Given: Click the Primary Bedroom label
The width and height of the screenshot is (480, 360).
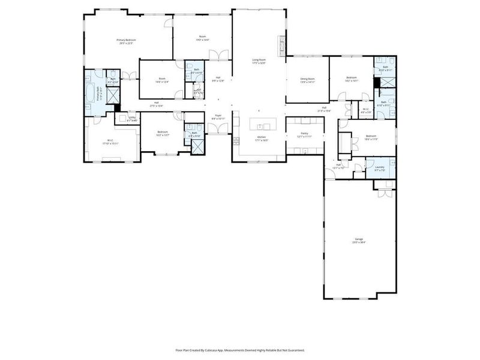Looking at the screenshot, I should [125, 41].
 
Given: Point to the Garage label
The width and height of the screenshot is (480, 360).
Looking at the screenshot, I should [359, 240].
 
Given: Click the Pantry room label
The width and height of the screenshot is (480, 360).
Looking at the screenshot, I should [305, 135].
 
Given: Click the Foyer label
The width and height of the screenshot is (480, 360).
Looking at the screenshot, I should [218, 117].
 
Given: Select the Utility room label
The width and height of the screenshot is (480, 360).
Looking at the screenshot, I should [133, 118].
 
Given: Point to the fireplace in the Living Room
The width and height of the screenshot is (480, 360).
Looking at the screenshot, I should [281, 44].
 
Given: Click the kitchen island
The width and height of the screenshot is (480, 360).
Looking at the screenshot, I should [262, 126].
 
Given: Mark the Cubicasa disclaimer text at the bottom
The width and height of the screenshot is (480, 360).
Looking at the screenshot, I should [240, 350].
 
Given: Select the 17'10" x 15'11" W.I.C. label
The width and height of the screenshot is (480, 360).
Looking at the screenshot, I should [110, 142].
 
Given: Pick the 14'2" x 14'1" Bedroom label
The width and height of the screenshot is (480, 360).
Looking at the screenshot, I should [352, 79].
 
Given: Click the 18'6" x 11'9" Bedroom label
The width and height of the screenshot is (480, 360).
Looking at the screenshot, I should [370, 137].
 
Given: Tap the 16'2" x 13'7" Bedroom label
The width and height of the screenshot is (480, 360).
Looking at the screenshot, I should [163, 133].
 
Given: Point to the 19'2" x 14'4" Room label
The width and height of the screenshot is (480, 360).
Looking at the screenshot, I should [202, 38].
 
